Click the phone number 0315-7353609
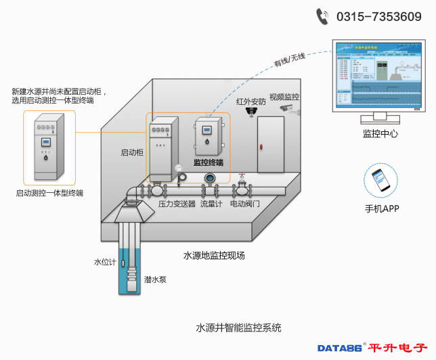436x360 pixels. (379, 17)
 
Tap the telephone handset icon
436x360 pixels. (323, 16)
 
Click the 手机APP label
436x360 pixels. (381, 208)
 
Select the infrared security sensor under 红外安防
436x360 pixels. (251, 111)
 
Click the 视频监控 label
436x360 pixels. (284, 97)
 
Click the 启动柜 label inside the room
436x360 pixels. (131, 153)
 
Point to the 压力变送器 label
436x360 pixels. (177, 203)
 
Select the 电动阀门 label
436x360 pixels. (244, 203)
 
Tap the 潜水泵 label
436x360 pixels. (154, 279)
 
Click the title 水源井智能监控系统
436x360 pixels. (238, 328)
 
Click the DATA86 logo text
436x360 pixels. (339, 348)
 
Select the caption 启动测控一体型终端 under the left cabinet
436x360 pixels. (49, 194)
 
